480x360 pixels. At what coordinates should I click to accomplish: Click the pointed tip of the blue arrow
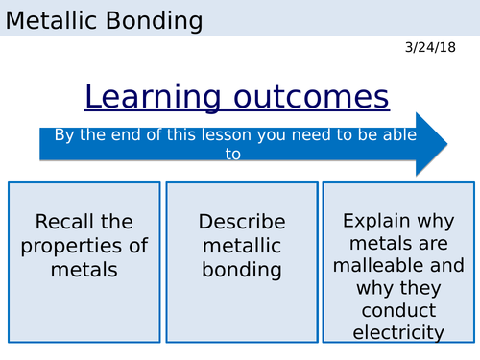tap(445, 144)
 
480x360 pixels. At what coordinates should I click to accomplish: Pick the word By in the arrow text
tap(64, 134)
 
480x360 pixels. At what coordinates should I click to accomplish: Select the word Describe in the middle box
tap(242, 222)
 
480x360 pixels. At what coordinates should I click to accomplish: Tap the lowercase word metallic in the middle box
tap(242, 246)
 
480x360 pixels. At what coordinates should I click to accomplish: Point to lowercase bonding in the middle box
tap(242, 270)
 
